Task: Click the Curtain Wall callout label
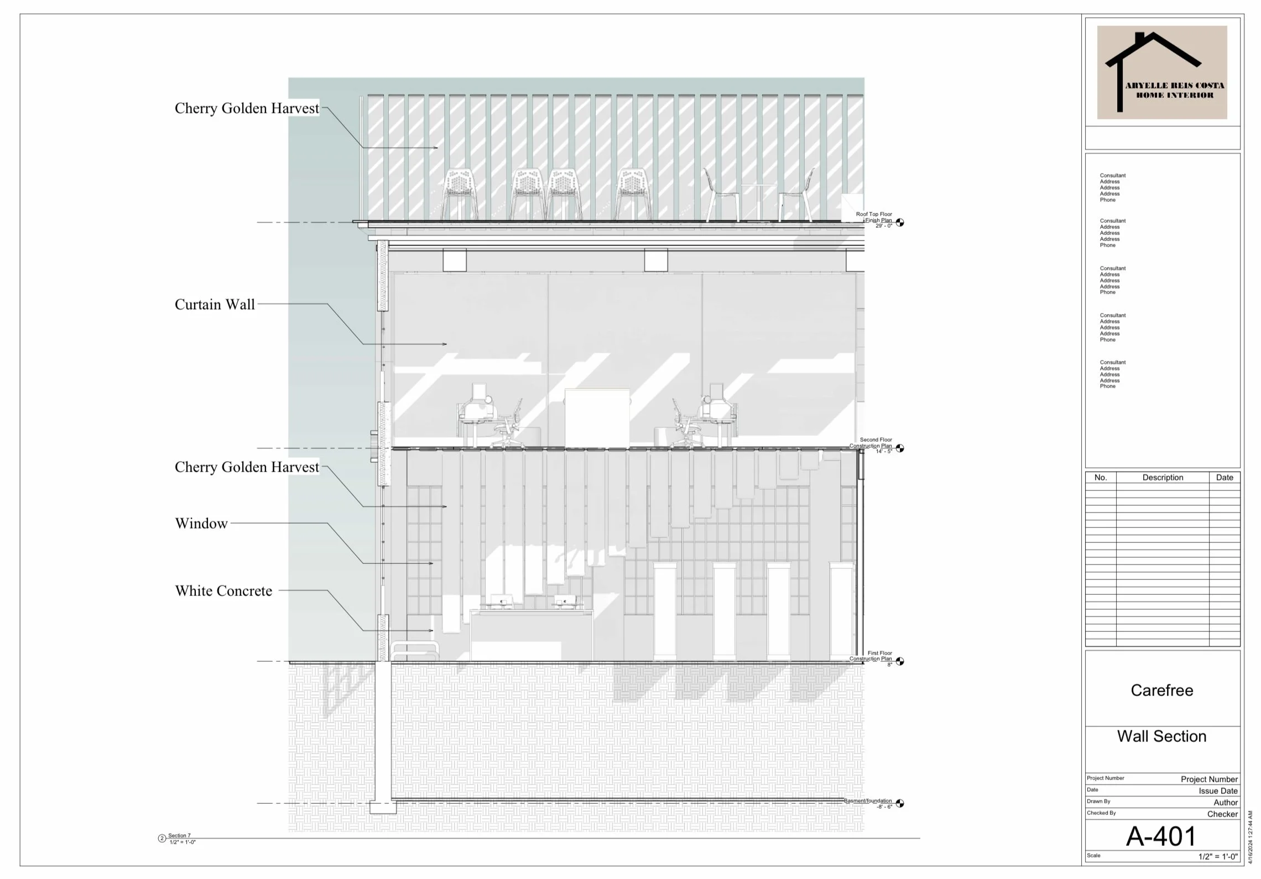(215, 305)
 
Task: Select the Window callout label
(201, 524)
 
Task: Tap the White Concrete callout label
(223, 591)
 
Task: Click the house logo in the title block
(1161, 72)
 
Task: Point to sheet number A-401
(1161, 836)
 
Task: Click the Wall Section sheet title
(1161, 736)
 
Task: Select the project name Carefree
(1161, 690)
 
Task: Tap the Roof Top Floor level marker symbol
(900, 222)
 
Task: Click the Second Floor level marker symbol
(900, 448)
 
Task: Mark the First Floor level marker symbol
(900, 661)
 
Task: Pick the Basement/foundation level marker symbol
(900, 803)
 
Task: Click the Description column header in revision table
(1163, 478)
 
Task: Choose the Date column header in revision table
(1224, 478)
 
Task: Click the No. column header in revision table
(1101, 478)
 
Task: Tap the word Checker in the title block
(1222, 814)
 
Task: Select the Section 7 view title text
(179, 835)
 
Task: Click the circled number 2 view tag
(162, 839)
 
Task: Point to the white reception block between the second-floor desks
(597, 417)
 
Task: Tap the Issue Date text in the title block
(1218, 791)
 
